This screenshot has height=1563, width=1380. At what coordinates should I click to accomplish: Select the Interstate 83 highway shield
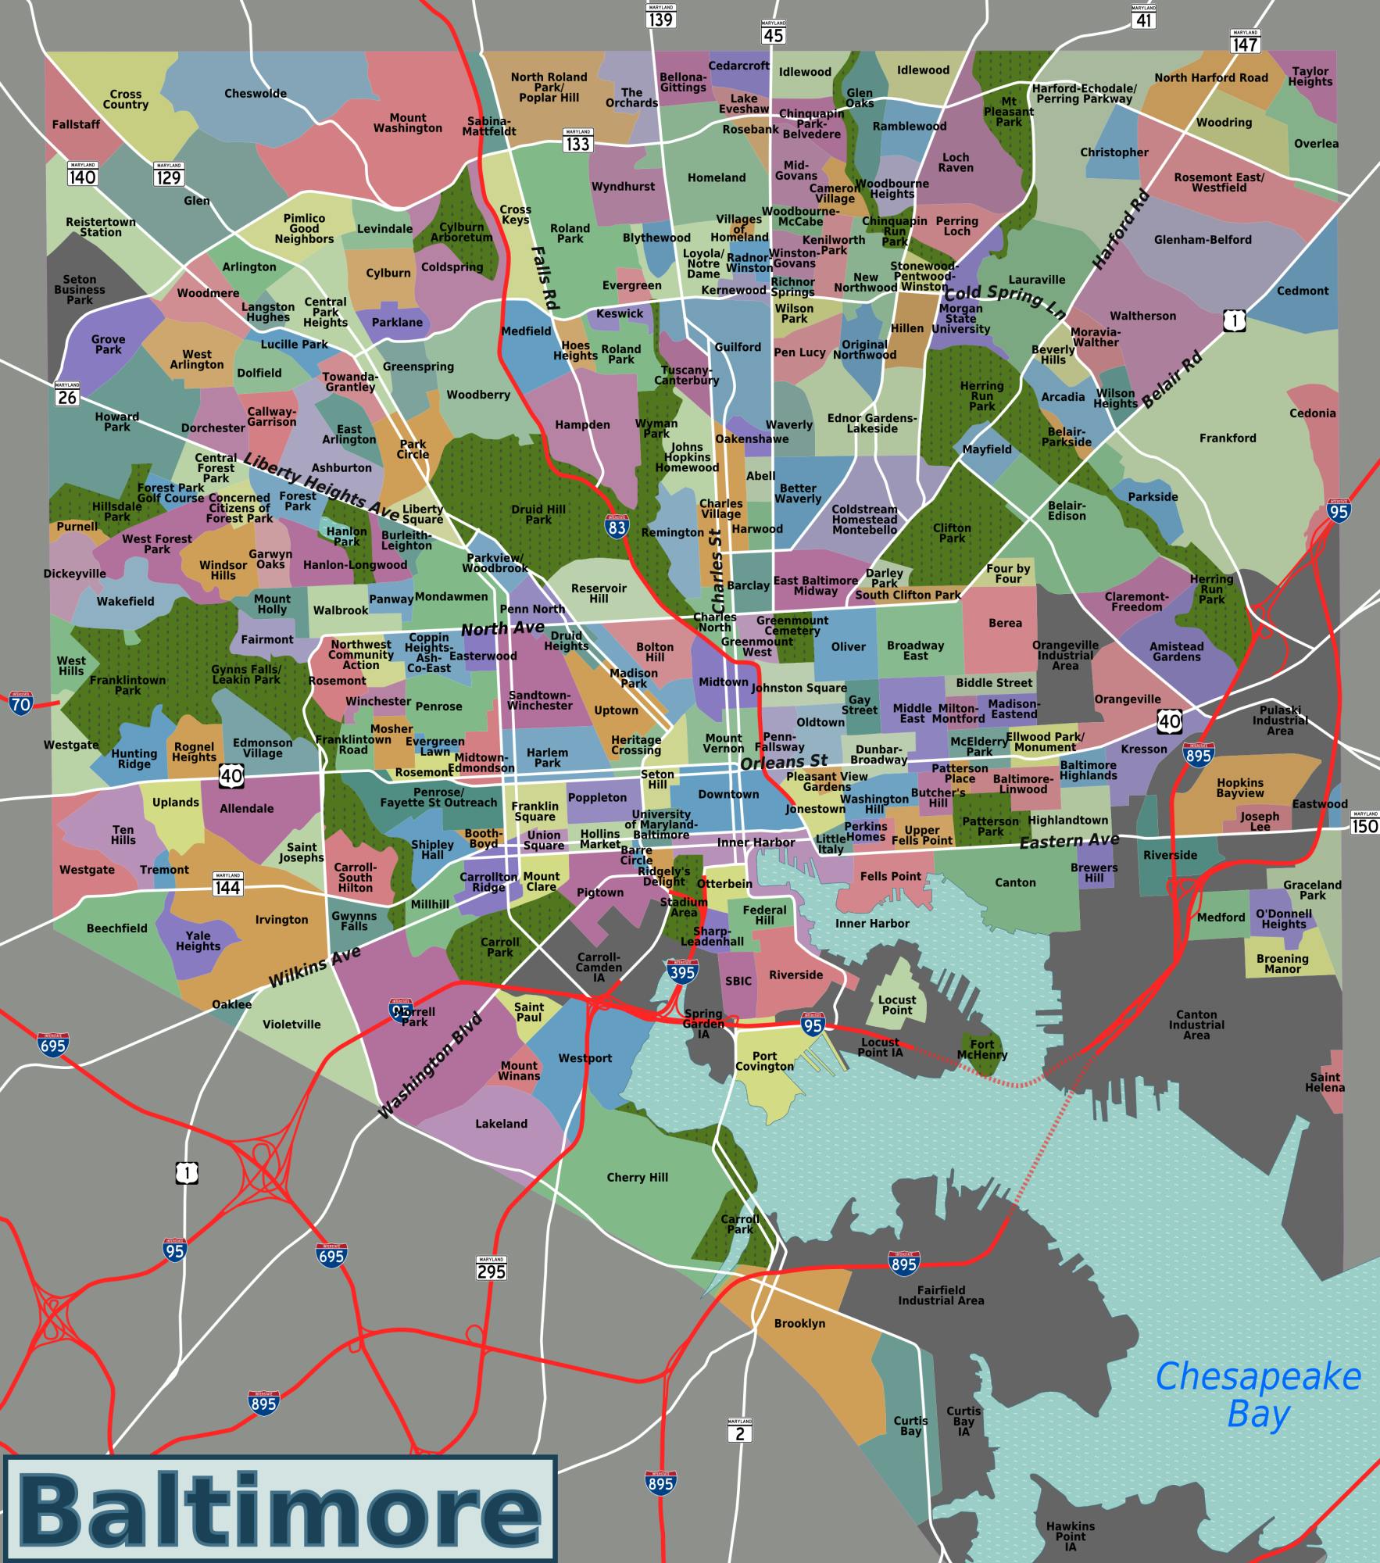click(x=617, y=527)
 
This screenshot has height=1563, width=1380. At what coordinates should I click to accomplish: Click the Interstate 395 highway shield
click(x=682, y=971)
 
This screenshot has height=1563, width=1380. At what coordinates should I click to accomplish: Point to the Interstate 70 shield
click(x=21, y=703)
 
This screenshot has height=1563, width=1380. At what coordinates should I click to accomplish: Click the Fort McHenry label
click(x=982, y=1050)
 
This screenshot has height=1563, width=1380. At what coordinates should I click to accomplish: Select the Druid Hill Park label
click(x=538, y=514)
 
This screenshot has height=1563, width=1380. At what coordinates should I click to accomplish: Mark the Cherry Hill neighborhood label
click(x=637, y=1178)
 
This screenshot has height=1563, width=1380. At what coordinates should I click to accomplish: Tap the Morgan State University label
click(x=960, y=319)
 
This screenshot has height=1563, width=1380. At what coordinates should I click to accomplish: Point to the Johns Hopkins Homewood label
click(x=687, y=458)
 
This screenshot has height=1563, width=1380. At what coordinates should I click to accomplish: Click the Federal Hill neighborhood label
click(x=764, y=915)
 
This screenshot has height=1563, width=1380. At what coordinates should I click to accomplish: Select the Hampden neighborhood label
click(x=582, y=425)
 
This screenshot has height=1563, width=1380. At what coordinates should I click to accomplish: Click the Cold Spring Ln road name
click(x=1005, y=303)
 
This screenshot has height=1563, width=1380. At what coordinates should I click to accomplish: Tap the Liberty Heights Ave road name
click(x=321, y=485)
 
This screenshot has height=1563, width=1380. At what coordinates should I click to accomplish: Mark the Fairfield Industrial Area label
click(x=941, y=1296)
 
